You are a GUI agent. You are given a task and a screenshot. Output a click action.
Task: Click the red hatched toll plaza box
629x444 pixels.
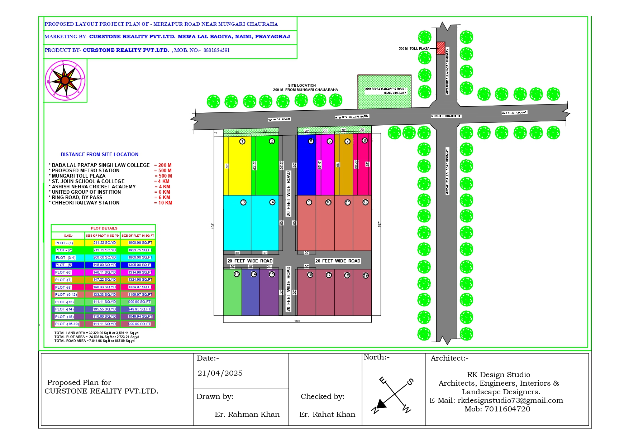coord(440,48)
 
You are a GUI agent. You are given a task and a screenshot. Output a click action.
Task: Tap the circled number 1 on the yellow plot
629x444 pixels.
coord(242,141)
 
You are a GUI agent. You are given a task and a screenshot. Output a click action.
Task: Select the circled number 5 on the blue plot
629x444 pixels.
coord(311,141)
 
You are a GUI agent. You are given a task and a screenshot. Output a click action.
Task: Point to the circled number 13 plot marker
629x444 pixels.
coord(237,274)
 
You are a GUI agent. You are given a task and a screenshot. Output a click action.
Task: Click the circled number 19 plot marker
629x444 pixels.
coord(366,276)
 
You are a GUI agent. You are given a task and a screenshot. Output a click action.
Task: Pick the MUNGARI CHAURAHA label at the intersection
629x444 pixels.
coord(446,116)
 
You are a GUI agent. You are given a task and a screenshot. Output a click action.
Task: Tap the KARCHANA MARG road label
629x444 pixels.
coord(514,113)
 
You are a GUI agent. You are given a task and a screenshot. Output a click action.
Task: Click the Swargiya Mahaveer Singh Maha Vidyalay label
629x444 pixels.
coord(385,91)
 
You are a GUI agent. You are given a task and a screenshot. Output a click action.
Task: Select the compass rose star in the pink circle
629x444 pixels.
coord(65,80)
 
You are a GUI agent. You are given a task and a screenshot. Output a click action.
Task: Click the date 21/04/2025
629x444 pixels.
coord(220,373)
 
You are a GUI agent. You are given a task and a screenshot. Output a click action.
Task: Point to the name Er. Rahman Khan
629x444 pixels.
coord(247,414)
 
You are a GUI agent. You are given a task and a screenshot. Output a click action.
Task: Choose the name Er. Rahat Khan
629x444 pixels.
coord(327,414)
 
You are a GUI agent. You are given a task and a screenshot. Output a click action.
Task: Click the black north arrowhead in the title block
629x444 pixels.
coord(381,404)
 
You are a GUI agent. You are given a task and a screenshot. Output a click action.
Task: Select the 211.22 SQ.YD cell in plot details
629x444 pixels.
coord(105,243)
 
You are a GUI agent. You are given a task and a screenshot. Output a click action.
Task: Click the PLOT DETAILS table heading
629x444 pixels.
coord(104,228)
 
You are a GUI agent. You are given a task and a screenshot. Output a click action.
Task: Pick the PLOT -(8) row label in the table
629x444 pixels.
coord(63,287)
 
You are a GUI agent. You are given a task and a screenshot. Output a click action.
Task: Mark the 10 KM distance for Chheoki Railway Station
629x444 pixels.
coord(165,203)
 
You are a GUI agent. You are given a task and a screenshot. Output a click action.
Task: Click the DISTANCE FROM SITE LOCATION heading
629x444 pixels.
coord(100,154)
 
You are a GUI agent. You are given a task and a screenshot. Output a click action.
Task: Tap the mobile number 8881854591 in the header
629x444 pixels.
coord(216,50)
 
